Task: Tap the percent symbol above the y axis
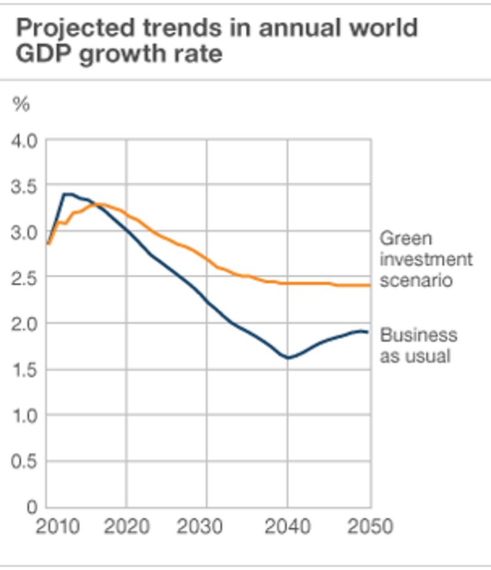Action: (21, 104)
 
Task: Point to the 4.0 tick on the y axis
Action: (25, 141)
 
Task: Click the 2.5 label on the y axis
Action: (25, 278)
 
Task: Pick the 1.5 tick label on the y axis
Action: (25, 370)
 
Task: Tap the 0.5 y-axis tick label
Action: (25, 461)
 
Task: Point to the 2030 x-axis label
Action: (206, 526)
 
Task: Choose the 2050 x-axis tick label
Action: (369, 526)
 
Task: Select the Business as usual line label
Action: (419, 345)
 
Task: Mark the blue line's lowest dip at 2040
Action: (287, 357)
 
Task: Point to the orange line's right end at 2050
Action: (369, 285)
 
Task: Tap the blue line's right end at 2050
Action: (368, 332)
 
